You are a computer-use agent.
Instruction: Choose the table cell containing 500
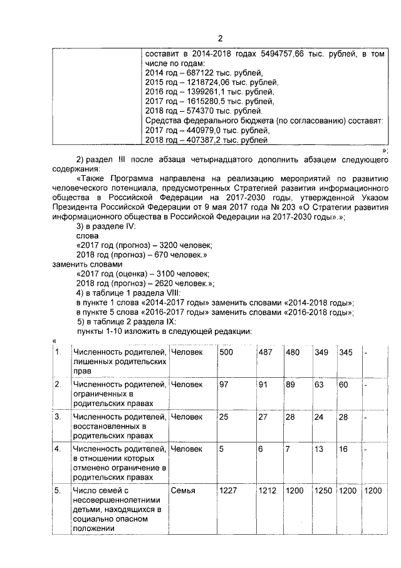[x=226, y=353]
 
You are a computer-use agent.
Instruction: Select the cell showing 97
[x=223, y=384]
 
